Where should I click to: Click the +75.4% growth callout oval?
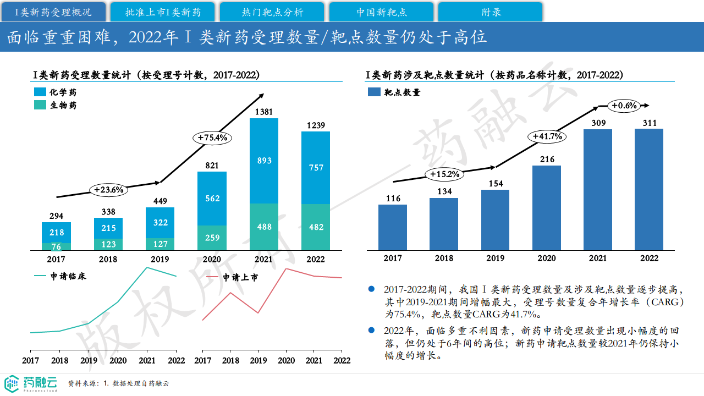point(212,137)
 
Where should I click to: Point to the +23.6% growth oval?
point(108,190)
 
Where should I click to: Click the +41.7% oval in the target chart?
point(548,136)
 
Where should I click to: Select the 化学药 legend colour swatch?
point(40,92)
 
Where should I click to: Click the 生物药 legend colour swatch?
point(40,105)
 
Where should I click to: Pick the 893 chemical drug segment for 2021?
point(264,161)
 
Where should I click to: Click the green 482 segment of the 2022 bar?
point(316,227)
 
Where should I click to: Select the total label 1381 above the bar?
point(264,112)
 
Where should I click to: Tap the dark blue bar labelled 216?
point(547,208)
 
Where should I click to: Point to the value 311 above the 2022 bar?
point(650,123)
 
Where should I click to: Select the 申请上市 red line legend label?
point(240,278)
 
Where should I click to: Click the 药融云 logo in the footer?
point(30,383)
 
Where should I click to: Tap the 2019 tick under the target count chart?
point(495,258)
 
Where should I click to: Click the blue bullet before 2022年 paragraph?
point(372,330)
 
